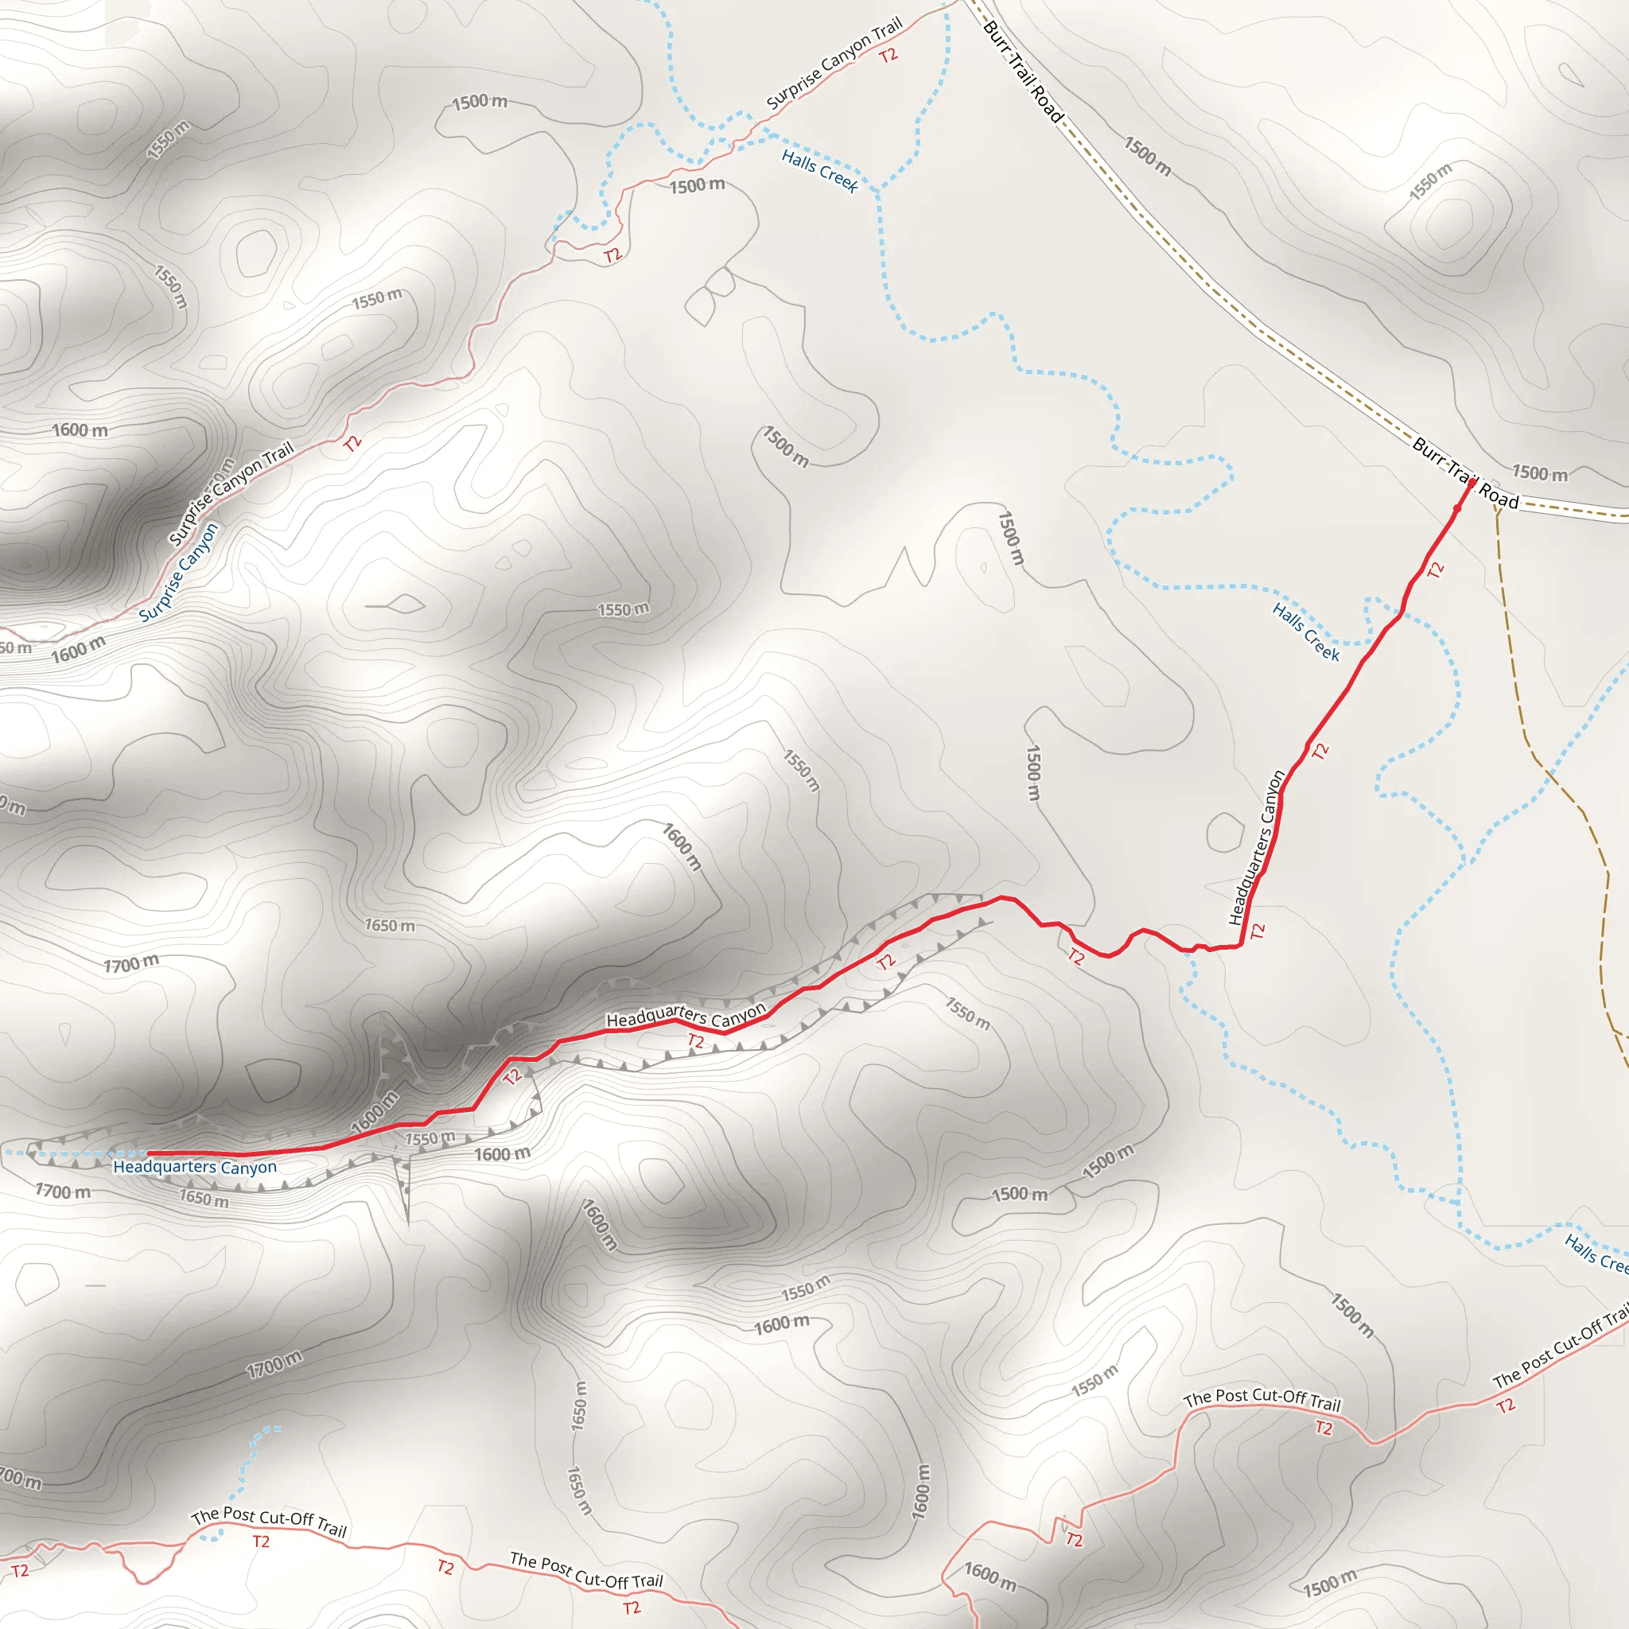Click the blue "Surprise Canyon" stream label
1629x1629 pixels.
click(x=179, y=573)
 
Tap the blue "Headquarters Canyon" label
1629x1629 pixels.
click(x=195, y=1167)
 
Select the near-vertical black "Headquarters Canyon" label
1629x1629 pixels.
click(x=1256, y=847)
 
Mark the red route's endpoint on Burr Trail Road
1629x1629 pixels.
click(x=1472, y=483)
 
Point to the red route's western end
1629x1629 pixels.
click(x=149, y=1153)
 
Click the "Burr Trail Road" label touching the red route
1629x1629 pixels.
click(x=1465, y=473)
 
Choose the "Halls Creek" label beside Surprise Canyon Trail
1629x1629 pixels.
click(x=819, y=170)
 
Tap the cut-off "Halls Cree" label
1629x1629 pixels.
click(x=1596, y=1252)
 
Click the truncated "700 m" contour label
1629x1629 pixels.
click(x=18, y=1478)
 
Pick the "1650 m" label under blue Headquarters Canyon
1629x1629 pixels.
click(x=203, y=1198)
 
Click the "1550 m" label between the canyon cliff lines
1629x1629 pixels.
click(x=430, y=1139)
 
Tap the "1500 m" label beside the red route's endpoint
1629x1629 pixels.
click(x=1540, y=473)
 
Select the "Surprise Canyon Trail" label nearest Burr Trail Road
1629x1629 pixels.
click(x=834, y=64)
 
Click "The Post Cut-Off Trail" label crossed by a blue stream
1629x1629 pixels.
click(x=269, y=1522)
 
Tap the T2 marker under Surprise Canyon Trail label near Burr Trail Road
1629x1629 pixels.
click(x=888, y=56)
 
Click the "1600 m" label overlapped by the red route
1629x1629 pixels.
click(x=375, y=1112)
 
